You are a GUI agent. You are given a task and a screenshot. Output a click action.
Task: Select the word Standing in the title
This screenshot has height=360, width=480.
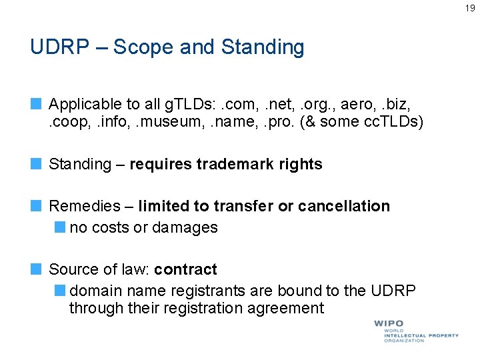pyautogui.click(x=262, y=47)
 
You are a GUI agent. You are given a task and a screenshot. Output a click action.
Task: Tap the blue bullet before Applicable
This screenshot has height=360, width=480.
pyautogui.click(x=36, y=104)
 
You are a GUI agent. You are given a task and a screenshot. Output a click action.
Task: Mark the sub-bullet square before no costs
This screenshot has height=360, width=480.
pyautogui.click(x=61, y=227)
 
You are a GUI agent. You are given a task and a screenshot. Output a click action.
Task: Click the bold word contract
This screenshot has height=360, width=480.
pyautogui.click(x=185, y=269)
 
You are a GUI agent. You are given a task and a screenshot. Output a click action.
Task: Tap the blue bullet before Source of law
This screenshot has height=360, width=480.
pyautogui.click(x=36, y=269)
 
